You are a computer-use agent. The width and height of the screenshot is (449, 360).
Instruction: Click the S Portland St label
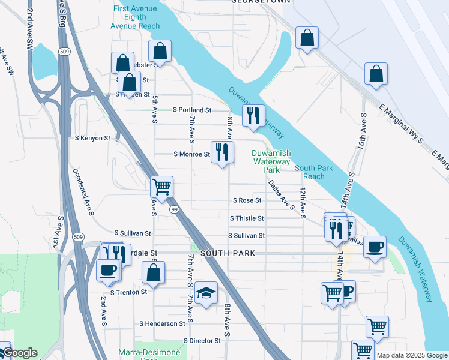click(x=192, y=110)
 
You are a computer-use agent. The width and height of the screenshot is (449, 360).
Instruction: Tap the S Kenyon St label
click(x=92, y=138)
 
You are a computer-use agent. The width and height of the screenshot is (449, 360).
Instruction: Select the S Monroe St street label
click(x=191, y=154)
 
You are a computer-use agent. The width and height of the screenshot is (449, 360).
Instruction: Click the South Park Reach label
click(x=313, y=172)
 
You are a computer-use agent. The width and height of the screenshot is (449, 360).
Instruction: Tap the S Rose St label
click(x=247, y=200)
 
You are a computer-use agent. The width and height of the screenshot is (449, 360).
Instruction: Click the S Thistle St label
click(x=247, y=218)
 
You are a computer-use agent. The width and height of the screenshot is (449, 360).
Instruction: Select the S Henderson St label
click(x=162, y=323)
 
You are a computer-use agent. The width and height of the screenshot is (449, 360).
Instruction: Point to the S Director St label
click(x=202, y=341)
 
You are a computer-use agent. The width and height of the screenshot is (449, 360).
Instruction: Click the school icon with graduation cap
click(x=206, y=293)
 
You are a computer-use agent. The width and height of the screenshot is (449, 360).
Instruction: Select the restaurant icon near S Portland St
click(x=253, y=115)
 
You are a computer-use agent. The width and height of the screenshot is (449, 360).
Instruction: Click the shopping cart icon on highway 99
click(x=162, y=187)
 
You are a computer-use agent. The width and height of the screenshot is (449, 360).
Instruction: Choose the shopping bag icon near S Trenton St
click(x=154, y=272)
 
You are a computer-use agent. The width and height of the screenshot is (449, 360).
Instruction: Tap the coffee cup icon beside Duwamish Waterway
click(x=375, y=247)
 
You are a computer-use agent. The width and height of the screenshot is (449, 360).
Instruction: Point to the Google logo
click(x=19, y=353)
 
